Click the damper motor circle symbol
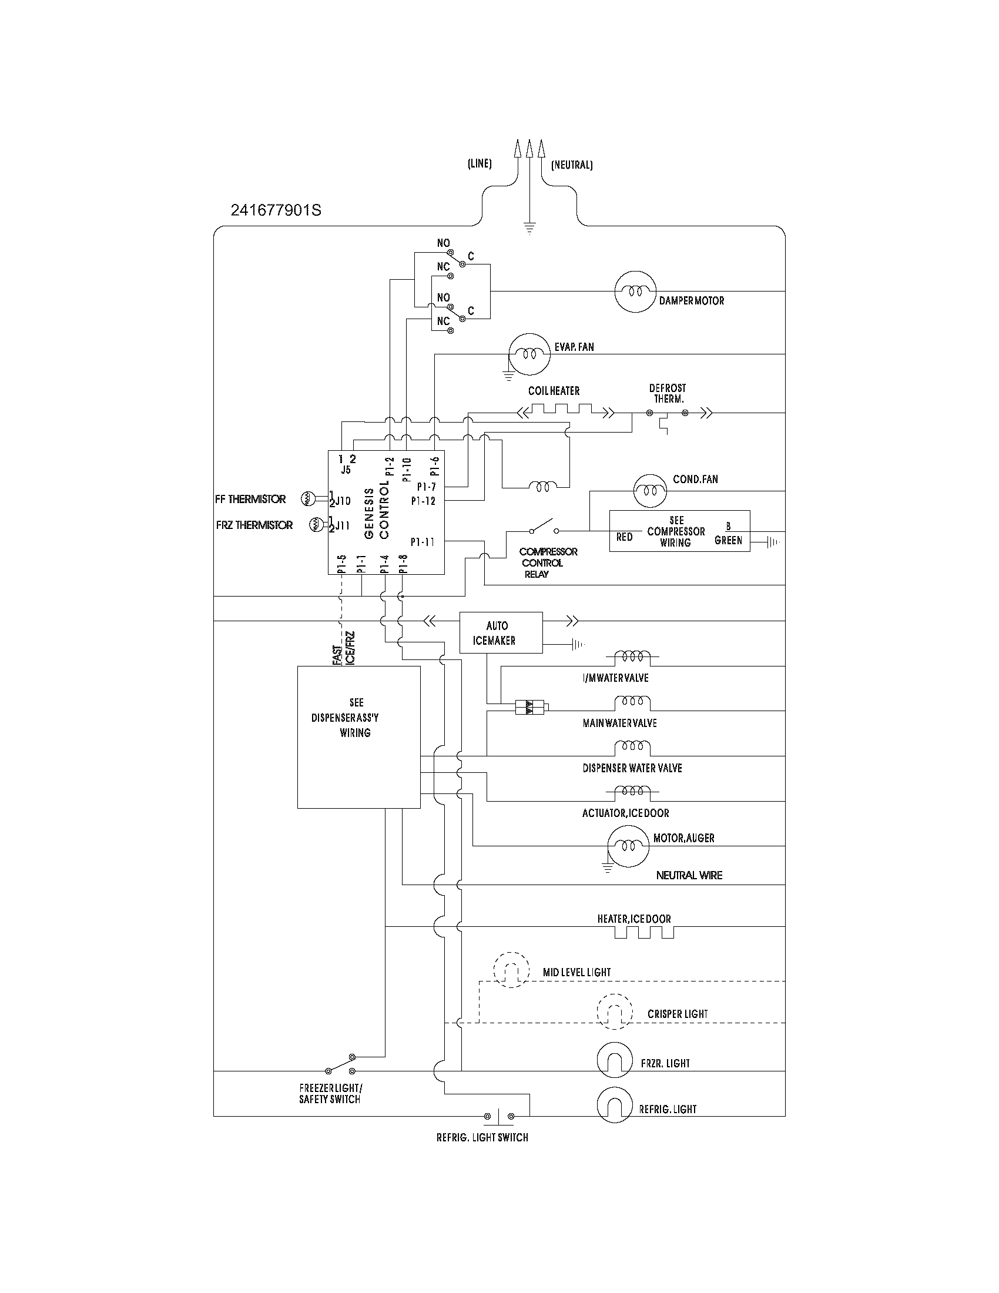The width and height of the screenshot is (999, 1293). click(x=635, y=292)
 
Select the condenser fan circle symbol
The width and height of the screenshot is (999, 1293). click(x=650, y=490)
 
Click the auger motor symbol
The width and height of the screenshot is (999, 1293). click(x=629, y=846)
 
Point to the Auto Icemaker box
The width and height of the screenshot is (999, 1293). click(x=501, y=632)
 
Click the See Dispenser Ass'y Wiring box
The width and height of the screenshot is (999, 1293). click(x=358, y=736)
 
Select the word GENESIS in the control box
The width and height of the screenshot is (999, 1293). click(x=369, y=512)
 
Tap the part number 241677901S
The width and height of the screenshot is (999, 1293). click(x=276, y=210)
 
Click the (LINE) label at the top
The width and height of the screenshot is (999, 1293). click(x=480, y=164)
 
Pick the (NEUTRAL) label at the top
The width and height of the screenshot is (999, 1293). click(x=572, y=165)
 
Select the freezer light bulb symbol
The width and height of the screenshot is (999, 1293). click(x=615, y=1060)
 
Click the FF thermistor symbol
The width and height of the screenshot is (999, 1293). click(x=308, y=498)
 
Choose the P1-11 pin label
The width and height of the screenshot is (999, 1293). click(x=423, y=542)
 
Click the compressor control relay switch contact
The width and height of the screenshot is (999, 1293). click(x=544, y=527)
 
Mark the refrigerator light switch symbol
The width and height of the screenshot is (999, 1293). click(x=499, y=1116)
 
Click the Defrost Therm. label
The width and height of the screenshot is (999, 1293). click(x=667, y=393)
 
